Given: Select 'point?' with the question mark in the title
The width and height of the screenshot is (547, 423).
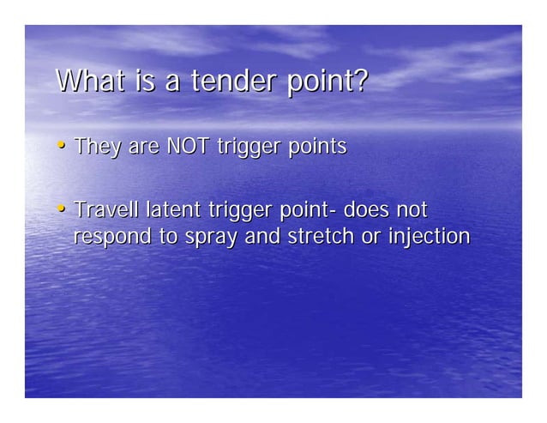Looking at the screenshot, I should coord(330,83).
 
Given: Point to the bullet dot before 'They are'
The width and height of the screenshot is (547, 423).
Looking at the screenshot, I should coord(62,147).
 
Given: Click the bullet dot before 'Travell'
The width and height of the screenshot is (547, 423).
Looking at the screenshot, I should coord(62,209).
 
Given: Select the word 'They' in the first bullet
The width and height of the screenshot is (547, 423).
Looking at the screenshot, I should coord(97,148).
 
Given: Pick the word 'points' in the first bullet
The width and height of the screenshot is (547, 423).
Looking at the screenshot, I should coord(316,148).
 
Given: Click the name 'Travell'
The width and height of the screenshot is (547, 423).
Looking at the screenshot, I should coord(107,209).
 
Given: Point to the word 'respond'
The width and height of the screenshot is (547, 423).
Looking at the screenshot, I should coord(111,236).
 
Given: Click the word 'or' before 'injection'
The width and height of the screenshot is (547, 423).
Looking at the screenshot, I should coord(370,237).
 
